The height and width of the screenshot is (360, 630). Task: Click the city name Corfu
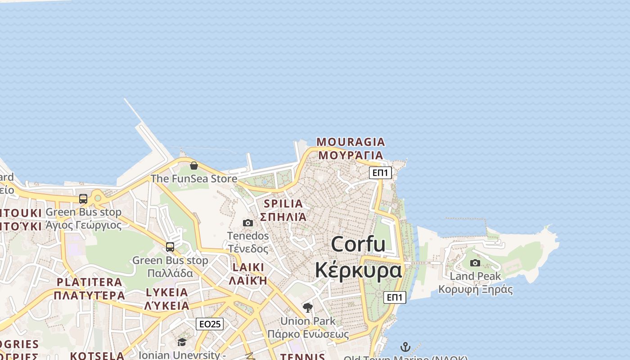358,244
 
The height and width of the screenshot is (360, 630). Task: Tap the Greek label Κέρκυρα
358,270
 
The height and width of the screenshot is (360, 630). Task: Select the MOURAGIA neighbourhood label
351,142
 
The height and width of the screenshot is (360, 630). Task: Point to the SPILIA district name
283,203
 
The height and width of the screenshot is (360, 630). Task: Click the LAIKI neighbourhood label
248,267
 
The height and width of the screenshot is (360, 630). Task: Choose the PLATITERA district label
89,282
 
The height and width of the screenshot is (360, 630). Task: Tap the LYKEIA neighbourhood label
167,292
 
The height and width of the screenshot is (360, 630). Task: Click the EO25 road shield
210,324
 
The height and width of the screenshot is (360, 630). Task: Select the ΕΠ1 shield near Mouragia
380,172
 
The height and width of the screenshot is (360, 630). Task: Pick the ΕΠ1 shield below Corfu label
395,297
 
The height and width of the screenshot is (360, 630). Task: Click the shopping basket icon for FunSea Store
193,166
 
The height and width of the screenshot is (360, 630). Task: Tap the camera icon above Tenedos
247,223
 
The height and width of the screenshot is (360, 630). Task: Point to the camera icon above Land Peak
475,263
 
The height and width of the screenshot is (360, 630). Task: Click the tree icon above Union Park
308,308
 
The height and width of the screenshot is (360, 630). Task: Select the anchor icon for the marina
405,347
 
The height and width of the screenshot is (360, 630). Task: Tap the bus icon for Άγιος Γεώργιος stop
83,199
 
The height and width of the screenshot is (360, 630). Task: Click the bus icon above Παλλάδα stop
170,247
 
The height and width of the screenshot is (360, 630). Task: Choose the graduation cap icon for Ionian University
182,342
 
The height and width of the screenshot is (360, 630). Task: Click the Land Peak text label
475,276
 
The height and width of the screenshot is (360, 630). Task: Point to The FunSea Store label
193,179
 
